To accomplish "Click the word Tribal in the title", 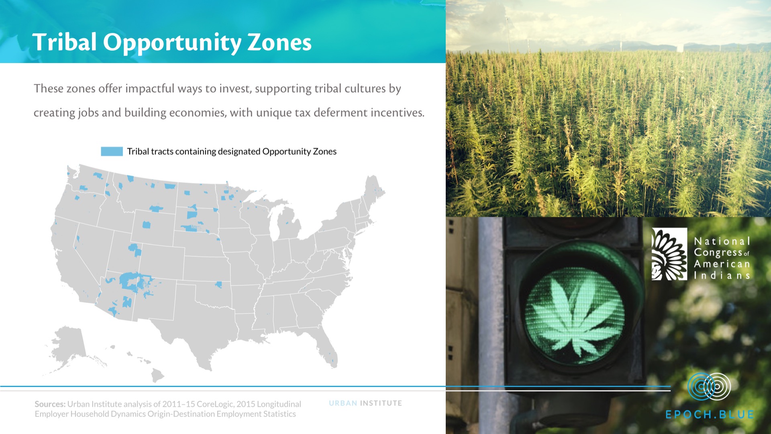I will pos(64,42).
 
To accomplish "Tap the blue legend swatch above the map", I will pos(112,151).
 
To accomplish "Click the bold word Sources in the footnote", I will pos(49,404).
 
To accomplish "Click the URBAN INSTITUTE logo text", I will pos(365,403).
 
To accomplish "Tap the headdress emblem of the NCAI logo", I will pos(669,254).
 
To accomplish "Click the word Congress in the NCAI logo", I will pos(718,253).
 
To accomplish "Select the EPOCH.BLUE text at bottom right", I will pos(710,414).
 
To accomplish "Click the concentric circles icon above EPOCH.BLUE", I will pos(709,387).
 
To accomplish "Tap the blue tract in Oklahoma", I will pos(218,285).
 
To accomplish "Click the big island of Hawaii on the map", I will pos(157,376).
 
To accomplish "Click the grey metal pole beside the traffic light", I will pos(490,321).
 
